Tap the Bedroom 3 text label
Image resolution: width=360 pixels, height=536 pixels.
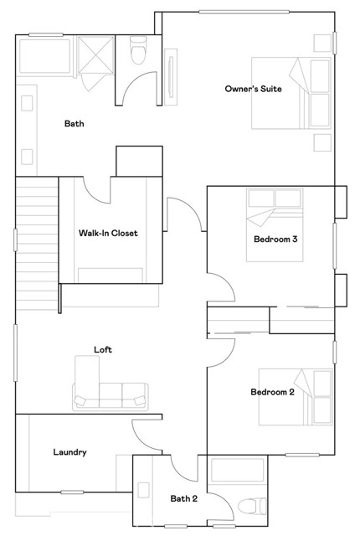pyautogui.click(x=275, y=239)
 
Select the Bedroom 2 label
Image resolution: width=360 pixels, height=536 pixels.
pyautogui.click(x=272, y=392)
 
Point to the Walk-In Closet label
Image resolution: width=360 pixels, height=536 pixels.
pyautogui.click(x=108, y=233)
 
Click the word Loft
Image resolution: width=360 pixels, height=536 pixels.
pyautogui.click(x=103, y=350)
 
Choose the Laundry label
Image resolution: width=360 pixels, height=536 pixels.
pyautogui.click(x=69, y=452)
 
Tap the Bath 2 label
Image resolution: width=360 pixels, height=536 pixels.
pyautogui.click(x=183, y=499)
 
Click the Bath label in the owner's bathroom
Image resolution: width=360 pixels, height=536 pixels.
pyautogui.click(x=75, y=124)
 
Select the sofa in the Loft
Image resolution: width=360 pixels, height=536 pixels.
pyautogui.click(x=111, y=392)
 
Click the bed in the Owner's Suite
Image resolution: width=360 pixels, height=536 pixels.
pyautogui.click(x=291, y=94)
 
